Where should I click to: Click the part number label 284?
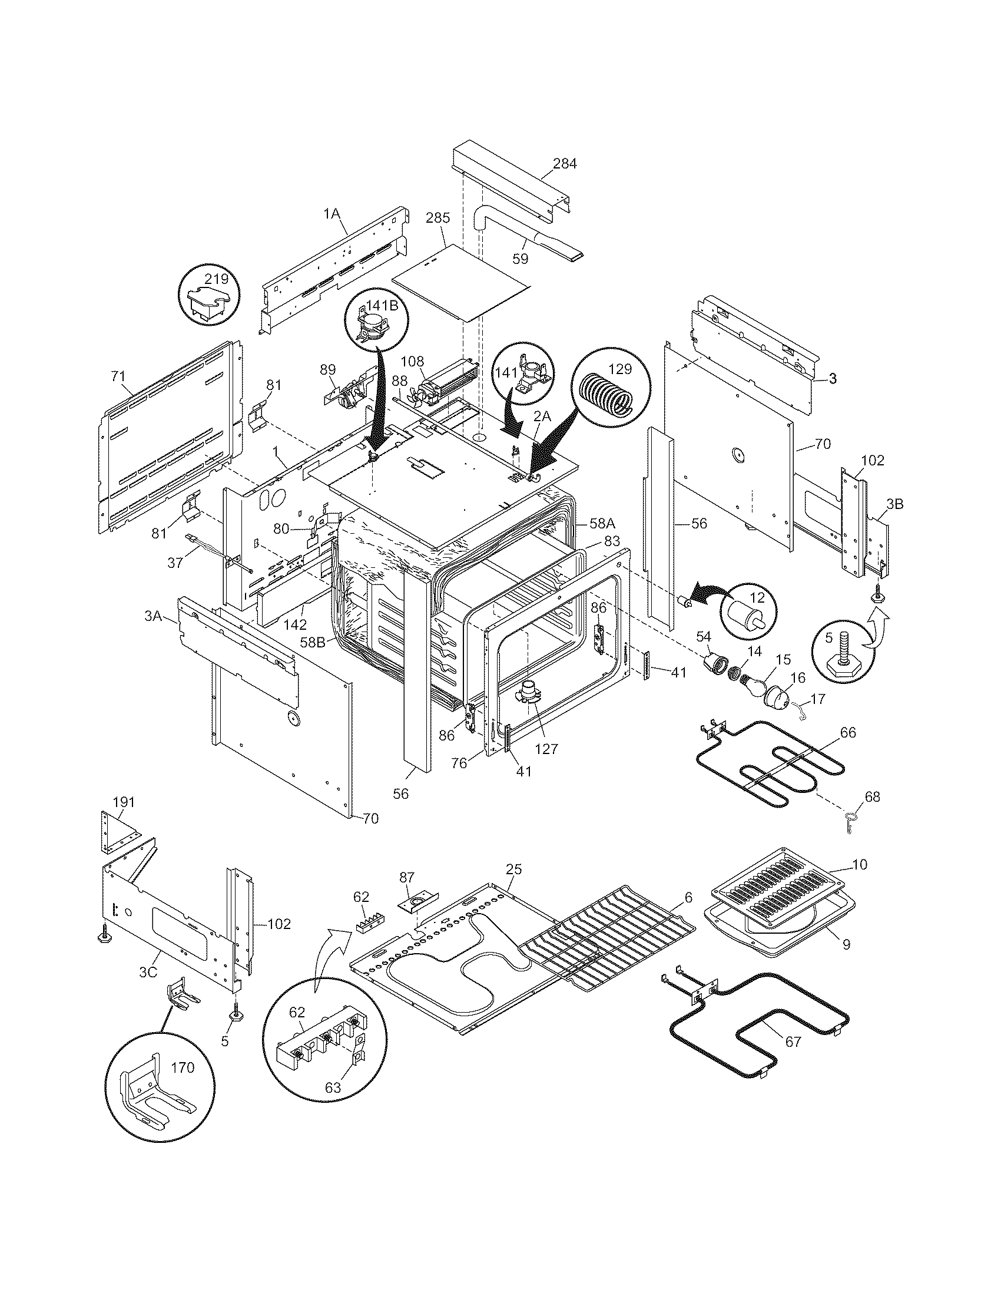[x=564, y=164]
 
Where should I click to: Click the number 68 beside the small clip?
[x=871, y=796]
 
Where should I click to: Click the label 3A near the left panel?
[x=153, y=616]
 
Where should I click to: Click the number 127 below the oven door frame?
[x=546, y=749]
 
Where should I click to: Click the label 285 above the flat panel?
[x=437, y=218]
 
